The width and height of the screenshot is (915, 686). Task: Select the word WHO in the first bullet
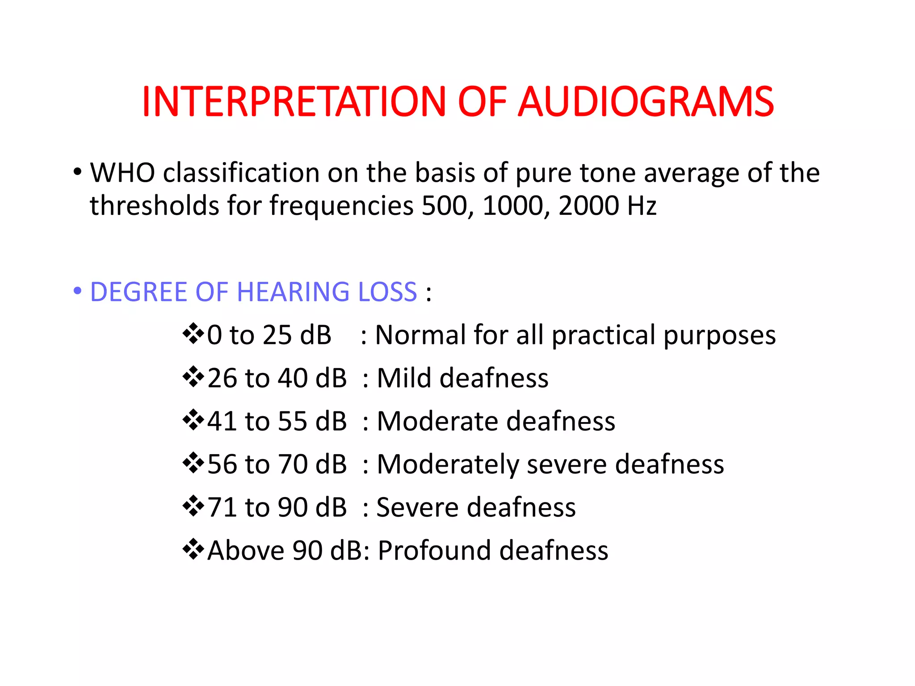point(122,173)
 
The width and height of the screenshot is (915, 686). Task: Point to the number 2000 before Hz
point(588,206)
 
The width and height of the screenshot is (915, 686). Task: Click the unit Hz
point(642,206)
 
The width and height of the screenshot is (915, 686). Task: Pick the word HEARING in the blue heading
point(293,292)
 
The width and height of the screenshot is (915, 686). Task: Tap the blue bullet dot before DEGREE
point(77,291)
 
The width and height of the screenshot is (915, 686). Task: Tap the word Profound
point(434,550)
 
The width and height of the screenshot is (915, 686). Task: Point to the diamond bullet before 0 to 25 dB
point(193,334)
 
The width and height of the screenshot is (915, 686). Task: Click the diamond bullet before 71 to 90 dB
point(193,506)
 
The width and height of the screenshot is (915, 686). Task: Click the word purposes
point(719,336)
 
